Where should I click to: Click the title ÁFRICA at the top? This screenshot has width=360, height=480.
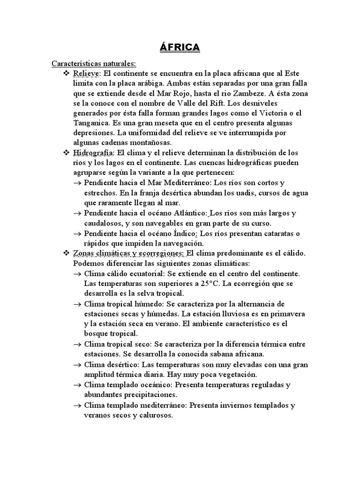[x=180, y=47]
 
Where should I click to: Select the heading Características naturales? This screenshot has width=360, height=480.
[x=93, y=63]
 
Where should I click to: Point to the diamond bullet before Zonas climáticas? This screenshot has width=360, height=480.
[x=66, y=253]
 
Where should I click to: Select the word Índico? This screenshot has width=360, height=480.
[x=187, y=233]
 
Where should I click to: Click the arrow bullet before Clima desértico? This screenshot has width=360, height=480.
[x=78, y=365]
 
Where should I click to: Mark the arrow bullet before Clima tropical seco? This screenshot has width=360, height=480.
[x=78, y=345]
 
